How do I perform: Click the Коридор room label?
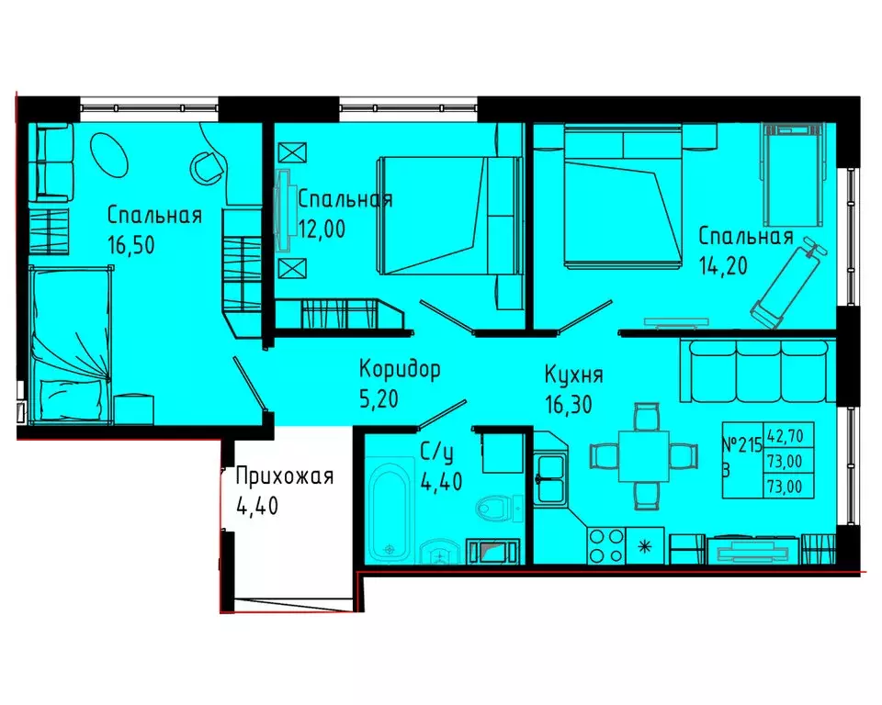[400, 370]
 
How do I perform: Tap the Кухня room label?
[573, 375]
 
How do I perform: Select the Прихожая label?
[285, 476]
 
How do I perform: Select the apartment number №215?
[742, 446]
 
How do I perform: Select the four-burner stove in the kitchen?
[605, 545]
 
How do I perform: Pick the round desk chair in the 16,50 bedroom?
[207, 166]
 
